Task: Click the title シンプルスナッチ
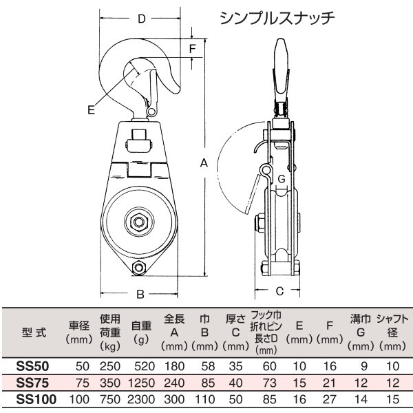click(x=277, y=19)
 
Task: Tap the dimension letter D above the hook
click(x=142, y=19)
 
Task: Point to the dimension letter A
click(x=204, y=163)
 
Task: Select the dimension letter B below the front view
click(x=140, y=294)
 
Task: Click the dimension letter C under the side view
click(x=279, y=291)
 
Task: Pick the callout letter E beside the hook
click(x=91, y=110)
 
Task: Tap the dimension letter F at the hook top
click(x=193, y=49)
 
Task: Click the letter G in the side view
click(x=282, y=179)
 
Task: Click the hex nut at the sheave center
click(x=139, y=222)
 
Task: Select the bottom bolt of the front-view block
click(x=139, y=268)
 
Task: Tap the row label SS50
click(x=32, y=366)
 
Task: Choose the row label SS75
click(x=32, y=383)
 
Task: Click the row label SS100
click(x=36, y=399)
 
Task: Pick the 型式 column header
click(x=34, y=332)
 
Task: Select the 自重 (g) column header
click(x=141, y=332)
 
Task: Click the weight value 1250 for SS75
click(x=141, y=383)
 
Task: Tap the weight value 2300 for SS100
click(x=141, y=399)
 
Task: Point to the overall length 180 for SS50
click(x=174, y=366)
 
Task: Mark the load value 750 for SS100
click(x=110, y=399)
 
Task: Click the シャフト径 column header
click(x=392, y=332)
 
